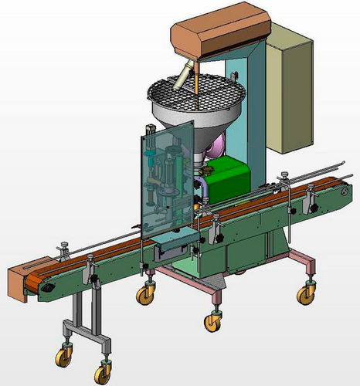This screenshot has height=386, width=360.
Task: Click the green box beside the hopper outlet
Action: pyautogui.click(x=232, y=178)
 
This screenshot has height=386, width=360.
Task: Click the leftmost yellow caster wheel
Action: pyautogui.click(x=62, y=358)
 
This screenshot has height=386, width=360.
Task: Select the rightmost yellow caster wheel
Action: pyautogui.click(x=306, y=294)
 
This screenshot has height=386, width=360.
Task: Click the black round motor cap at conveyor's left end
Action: pyautogui.click(x=49, y=287)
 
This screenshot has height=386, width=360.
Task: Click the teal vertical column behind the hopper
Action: pyautogui.click(x=251, y=100)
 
